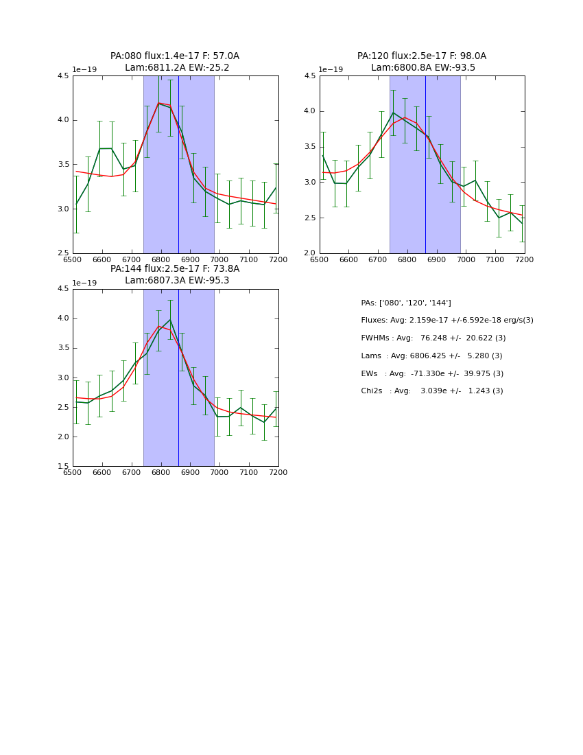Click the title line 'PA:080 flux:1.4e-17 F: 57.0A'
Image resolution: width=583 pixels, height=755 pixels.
point(175,56)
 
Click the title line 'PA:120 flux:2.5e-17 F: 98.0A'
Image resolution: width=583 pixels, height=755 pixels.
point(421,56)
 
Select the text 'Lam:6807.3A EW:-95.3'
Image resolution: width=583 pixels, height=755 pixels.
point(177,280)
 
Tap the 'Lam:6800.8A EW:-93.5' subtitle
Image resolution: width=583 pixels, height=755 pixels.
point(423,68)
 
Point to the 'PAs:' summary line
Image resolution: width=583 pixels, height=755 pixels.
point(406,303)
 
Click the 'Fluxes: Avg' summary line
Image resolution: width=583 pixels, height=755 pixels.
point(447,321)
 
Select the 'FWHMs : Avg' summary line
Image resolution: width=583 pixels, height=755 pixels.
point(433,338)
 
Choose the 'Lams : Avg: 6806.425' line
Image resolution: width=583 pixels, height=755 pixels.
point(431,356)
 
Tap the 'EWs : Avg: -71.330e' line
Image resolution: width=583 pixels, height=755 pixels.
point(432,373)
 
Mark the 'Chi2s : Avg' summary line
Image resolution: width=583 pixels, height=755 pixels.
point(432,391)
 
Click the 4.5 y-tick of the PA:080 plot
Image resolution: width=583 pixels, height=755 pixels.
point(63,75)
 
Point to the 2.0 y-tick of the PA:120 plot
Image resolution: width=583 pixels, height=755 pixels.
point(309,253)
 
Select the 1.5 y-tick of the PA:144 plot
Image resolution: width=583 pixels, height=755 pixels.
point(63,467)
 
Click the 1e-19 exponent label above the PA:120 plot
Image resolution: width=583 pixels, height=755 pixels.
point(331,69)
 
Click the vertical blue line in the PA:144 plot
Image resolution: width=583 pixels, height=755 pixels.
point(178,377)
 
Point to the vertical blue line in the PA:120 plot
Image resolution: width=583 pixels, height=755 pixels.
point(425,165)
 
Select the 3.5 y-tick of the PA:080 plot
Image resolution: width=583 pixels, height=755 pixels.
point(63,164)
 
